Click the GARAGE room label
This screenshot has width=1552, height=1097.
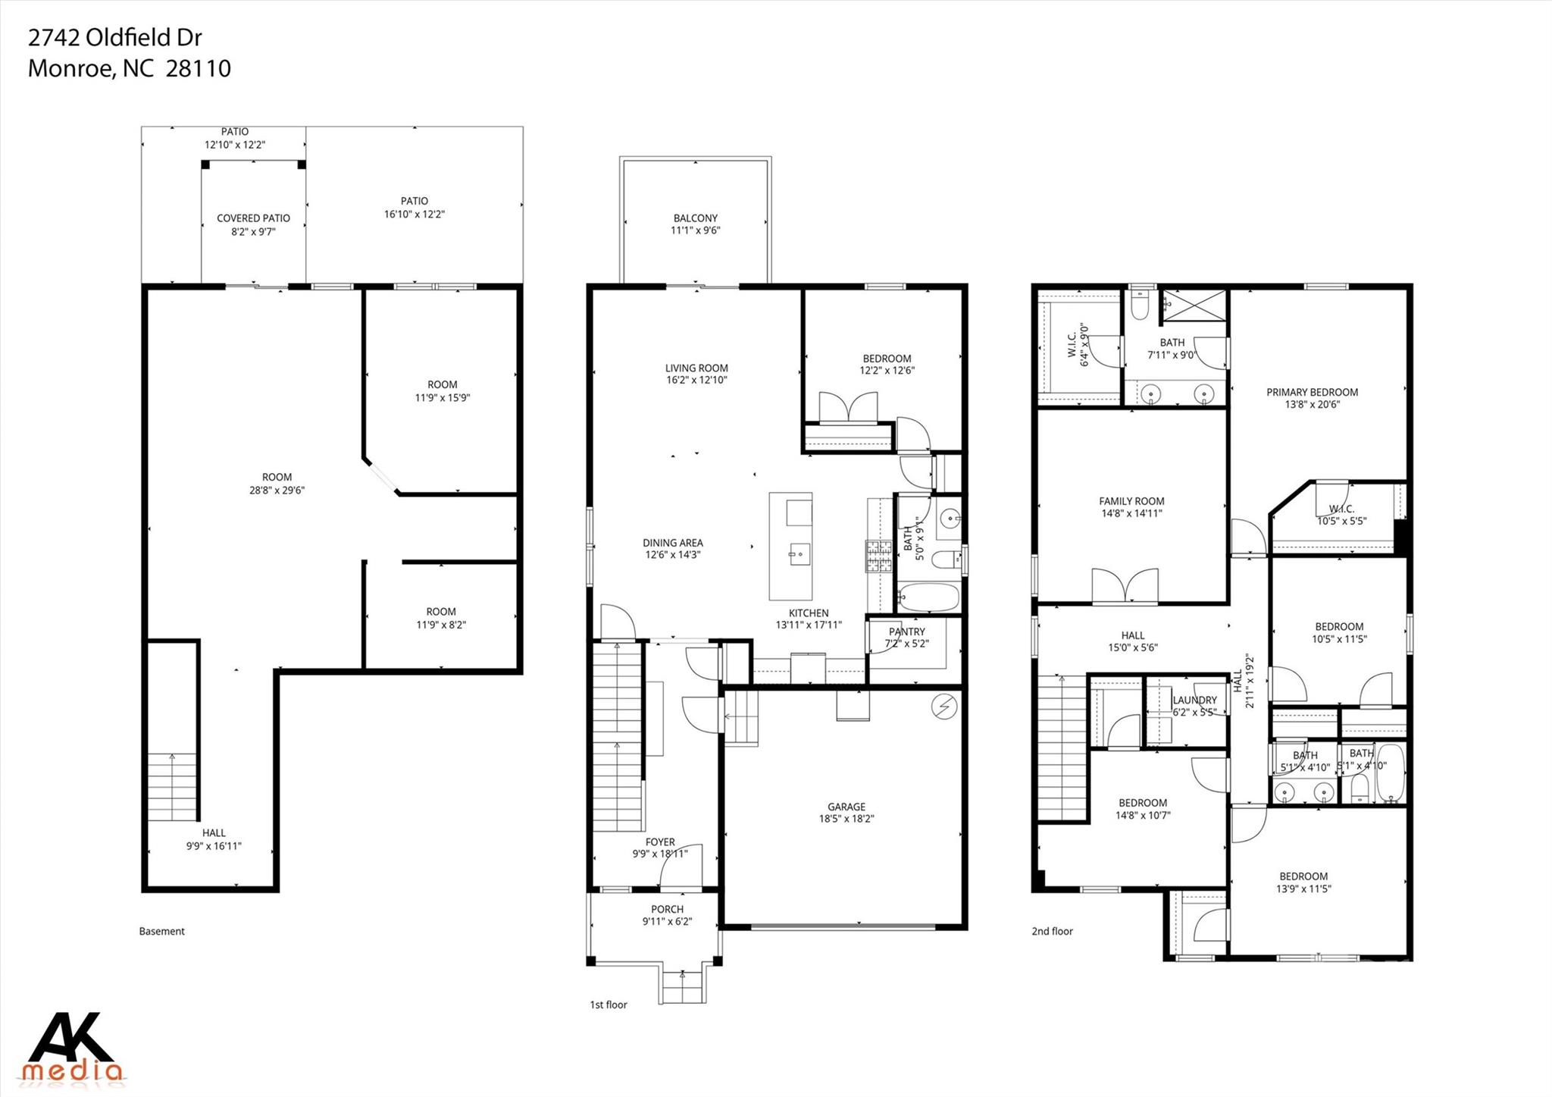846,807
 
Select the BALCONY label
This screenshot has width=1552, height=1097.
695,218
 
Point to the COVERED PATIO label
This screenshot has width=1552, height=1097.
253,218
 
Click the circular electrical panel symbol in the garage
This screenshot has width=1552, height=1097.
944,707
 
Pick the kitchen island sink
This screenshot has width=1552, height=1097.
799,553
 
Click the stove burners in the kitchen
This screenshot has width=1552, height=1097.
879,556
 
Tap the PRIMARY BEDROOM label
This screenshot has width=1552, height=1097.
1312,392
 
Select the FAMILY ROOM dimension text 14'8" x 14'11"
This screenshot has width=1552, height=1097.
1131,513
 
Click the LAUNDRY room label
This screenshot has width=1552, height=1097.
1194,700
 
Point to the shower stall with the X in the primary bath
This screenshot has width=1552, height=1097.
1194,305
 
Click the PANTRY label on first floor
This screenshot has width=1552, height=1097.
906,632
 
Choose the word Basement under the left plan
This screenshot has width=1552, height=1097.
161,931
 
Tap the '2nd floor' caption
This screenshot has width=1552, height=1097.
1052,931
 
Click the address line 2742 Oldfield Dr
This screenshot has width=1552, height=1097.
114,37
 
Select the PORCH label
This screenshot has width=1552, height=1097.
667,909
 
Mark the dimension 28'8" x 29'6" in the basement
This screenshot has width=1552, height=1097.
277,490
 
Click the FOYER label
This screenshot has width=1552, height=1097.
660,842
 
